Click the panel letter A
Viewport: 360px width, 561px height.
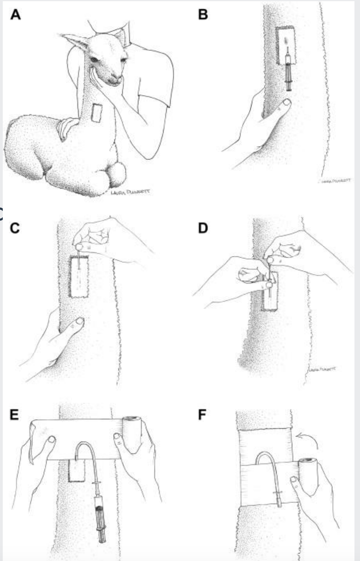15,15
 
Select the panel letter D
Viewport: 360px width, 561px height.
202,228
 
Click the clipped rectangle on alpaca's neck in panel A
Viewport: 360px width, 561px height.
97,113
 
